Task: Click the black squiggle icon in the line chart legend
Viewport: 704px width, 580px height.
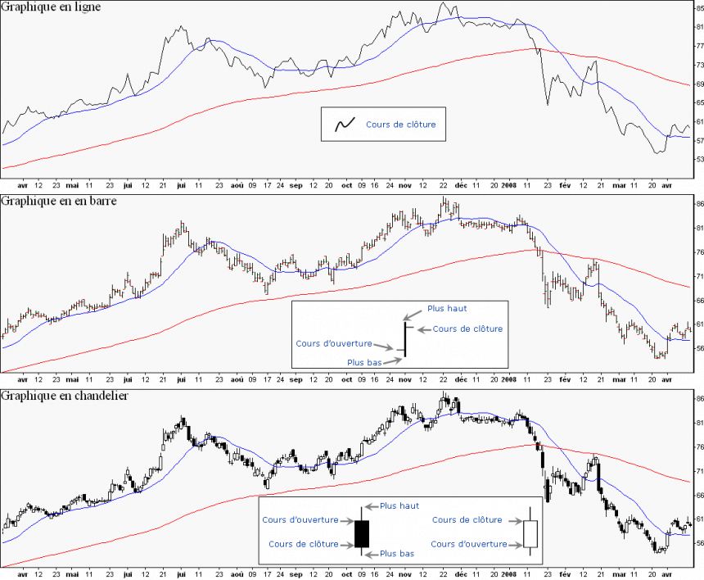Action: pyautogui.click(x=344, y=125)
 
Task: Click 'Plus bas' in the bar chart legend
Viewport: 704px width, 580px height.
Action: pyautogui.click(x=364, y=362)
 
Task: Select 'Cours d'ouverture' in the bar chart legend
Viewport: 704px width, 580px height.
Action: pyautogui.click(x=333, y=344)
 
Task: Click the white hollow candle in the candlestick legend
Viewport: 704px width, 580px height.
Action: pyautogui.click(x=530, y=533)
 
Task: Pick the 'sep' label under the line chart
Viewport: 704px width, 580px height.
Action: pyautogui.click(x=296, y=185)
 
